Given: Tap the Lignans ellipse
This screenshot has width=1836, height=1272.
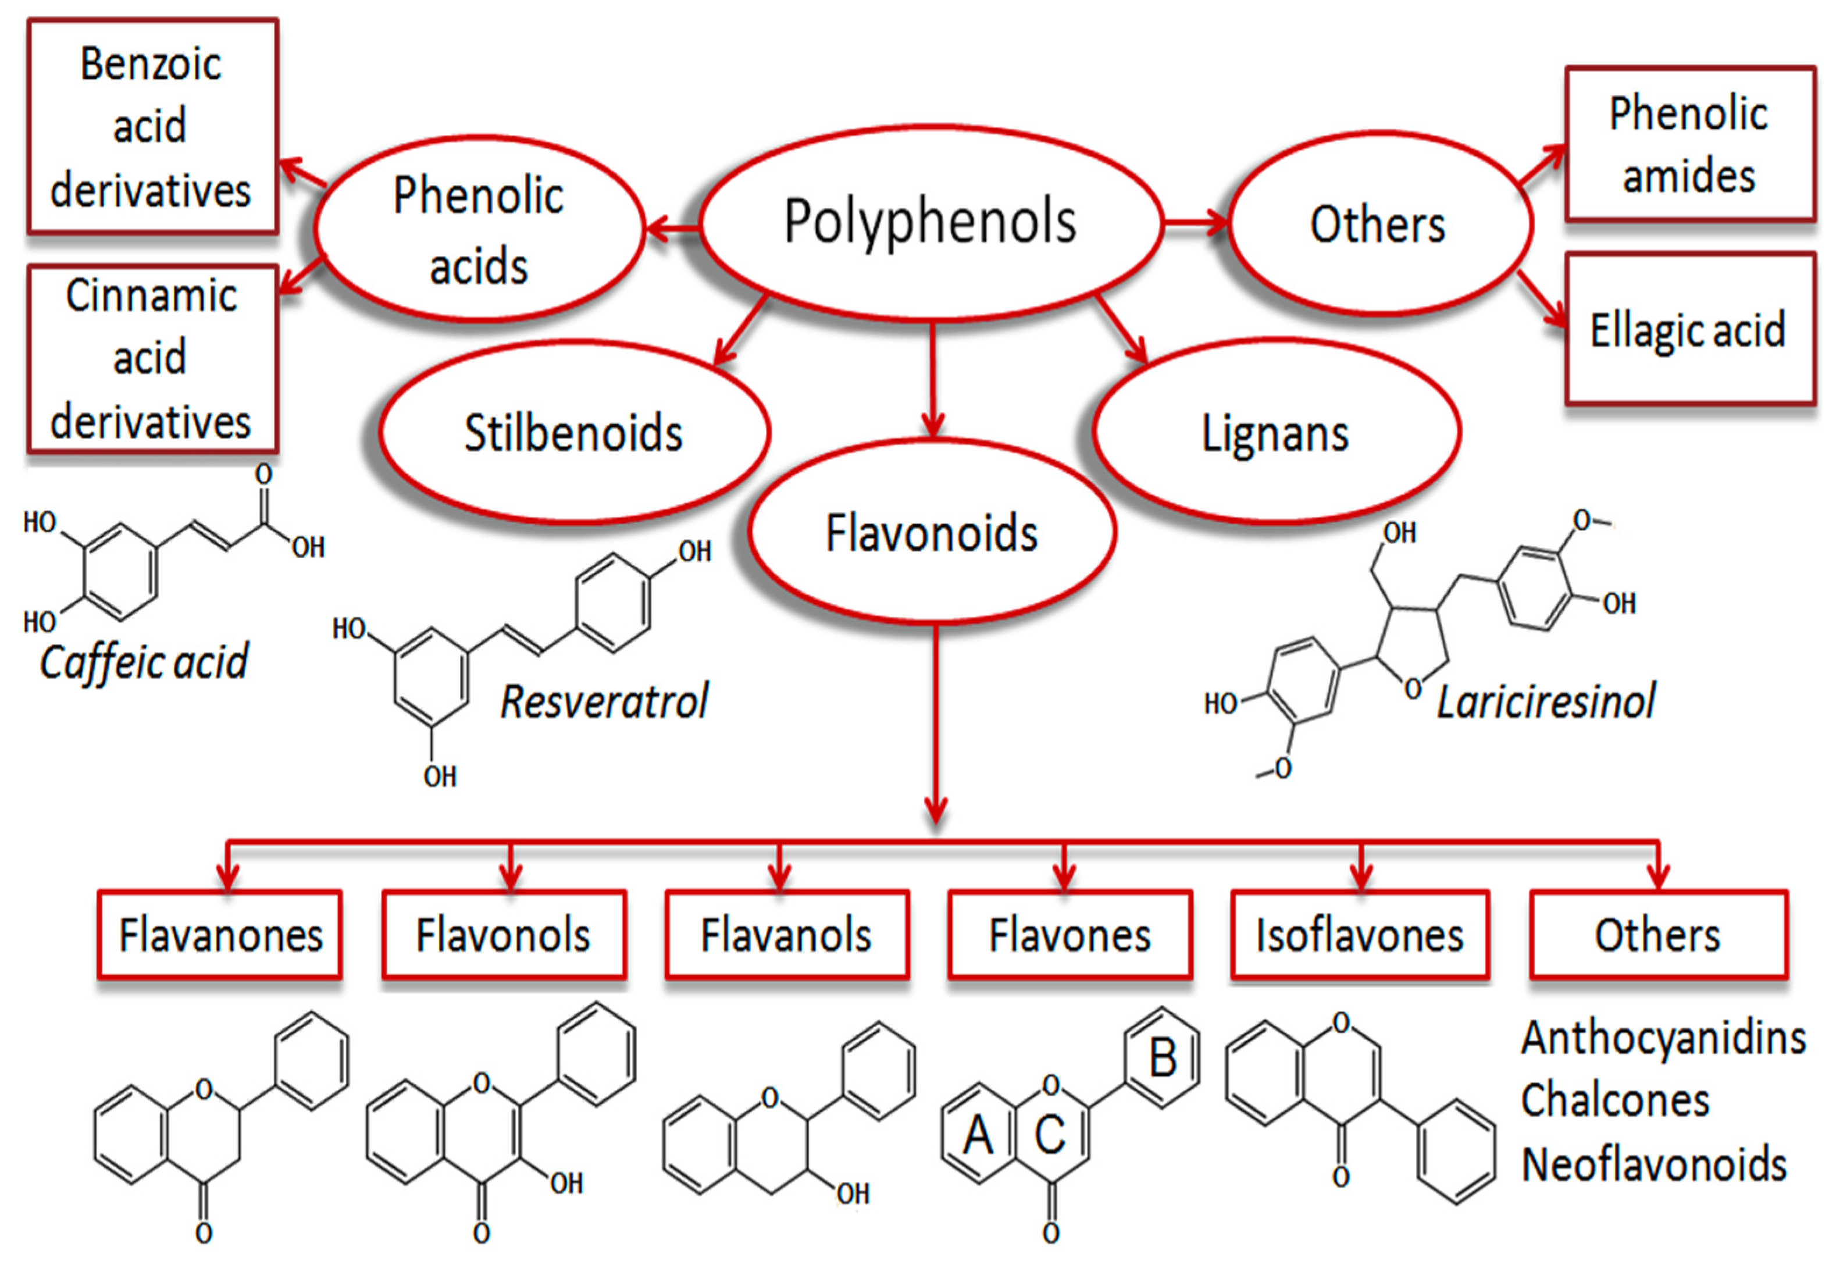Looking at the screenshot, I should click(x=1275, y=433).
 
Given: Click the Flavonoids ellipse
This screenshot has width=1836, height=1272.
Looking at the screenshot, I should click(x=931, y=532).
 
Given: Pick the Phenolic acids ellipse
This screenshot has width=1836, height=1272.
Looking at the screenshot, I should click(x=479, y=230).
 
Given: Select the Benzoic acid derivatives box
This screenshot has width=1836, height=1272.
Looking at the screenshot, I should click(x=151, y=127).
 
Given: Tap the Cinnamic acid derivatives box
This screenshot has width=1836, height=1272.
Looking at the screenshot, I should click(x=151, y=359).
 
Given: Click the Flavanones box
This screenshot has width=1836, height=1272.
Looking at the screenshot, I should click(x=220, y=935).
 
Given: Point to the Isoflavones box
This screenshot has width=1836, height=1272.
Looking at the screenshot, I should click(x=1360, y=935).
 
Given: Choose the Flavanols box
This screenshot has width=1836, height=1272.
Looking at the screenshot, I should click(x=786, y=935).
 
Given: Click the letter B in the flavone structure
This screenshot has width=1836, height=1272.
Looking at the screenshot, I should click(x=1163, y=1059).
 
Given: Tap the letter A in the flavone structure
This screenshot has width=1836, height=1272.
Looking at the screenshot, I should click(x=978, y=1134).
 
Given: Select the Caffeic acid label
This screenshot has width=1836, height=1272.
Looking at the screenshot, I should click(x=144, y=661).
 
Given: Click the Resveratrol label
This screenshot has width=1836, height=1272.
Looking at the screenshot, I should click(x=604, y=701).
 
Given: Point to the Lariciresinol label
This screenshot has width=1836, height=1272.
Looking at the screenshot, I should click(x=1546, y=701).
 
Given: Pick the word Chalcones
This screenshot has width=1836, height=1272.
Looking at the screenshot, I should click(x=1614, y=1100).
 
